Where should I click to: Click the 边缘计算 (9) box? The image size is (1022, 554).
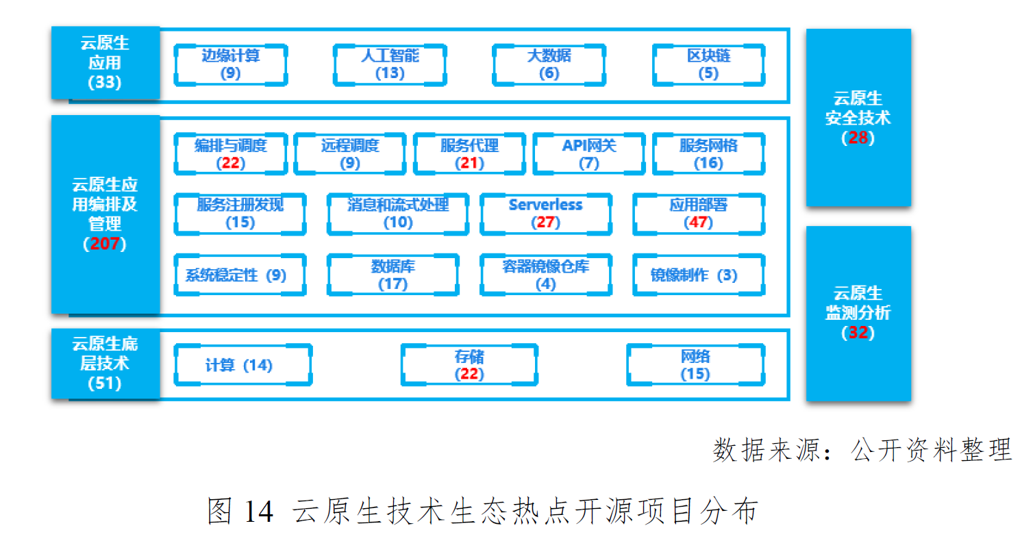click(x=231, y=64)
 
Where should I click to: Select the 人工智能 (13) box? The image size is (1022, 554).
click(x=390, y=64)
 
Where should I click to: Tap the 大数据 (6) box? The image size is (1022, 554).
click(x=549, y=64)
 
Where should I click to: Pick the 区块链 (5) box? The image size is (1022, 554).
click(x=708, y=64)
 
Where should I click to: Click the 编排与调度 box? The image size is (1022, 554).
click(x=231, y=154)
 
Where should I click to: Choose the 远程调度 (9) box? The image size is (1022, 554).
click(x=350, y=154)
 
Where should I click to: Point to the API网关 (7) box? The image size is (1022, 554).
click(x=589, y=154)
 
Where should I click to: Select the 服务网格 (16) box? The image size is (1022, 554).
click(x=708, y=154)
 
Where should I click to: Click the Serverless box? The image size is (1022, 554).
click(x=545, y=214)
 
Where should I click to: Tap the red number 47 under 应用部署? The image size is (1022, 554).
click(x=699, y=223)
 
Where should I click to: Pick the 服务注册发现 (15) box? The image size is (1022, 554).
click(x=240, y=214)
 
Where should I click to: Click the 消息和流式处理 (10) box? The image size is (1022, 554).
click(x=398, y=214)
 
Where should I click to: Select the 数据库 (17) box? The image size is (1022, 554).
click(x=392, y=275)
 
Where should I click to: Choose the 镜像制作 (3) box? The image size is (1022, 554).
click(x=697, y=275)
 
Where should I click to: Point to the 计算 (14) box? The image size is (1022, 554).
click(x=242, y=365)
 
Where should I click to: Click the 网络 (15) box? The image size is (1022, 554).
click(x=695, y=365)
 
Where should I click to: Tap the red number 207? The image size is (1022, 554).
click(x=105, y=244)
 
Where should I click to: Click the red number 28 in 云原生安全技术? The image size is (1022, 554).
click(x=858, y=138)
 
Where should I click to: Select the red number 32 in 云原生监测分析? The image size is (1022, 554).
click(x=858, y=333)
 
